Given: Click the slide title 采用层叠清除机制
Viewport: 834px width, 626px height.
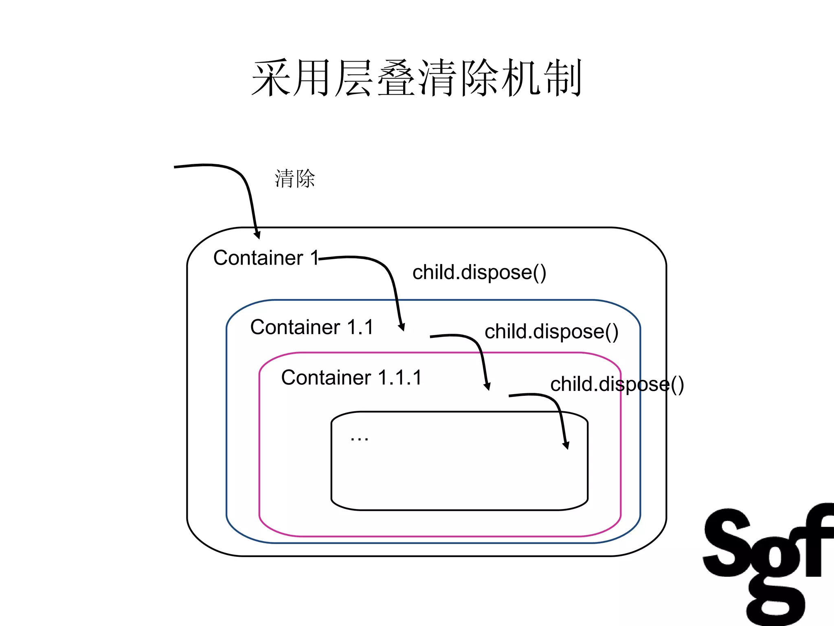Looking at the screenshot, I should (x=417, y=78).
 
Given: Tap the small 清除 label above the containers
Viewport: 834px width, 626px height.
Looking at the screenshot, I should (x=294, y=179).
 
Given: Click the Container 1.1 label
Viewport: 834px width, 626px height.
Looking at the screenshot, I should (x=312, y=327).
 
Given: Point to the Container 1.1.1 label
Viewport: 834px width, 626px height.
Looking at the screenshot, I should (x=351, y=377).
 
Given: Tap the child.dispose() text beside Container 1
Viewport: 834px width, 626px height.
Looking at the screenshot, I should (x=479, y=272).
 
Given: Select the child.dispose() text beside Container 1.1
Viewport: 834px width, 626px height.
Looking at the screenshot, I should (x=551, y=331).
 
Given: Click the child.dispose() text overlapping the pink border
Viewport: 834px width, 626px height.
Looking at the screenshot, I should (x=617, y=384).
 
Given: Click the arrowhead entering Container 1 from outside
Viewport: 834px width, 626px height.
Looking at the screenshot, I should (x=257, y=235).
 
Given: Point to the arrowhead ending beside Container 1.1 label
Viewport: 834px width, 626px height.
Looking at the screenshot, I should (x=402, y=327).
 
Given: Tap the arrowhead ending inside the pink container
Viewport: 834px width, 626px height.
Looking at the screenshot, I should (x=487, y=386).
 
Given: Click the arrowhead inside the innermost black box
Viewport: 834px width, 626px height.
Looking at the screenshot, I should (x=566, y=445).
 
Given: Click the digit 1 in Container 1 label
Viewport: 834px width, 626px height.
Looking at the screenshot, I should (x=314, y=258).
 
